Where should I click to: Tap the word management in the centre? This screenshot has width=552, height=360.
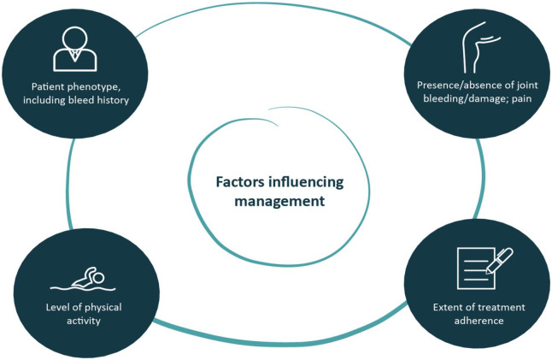(x=269, y=203)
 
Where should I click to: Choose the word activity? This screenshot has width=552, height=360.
(x=81, y=322)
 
